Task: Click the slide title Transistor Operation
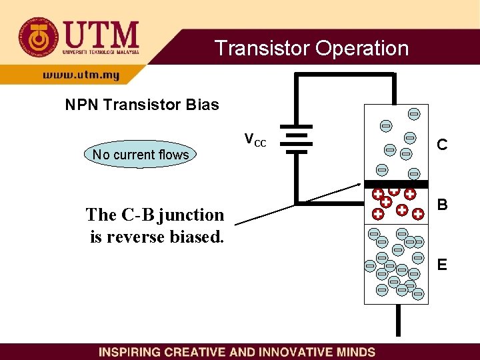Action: coord(311,48)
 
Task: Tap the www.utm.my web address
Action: coord(81,75)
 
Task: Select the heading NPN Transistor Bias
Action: coord(141,105)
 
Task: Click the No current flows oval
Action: coord(141,155)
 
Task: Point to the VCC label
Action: coord(255,140)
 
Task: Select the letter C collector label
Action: coord(441,144)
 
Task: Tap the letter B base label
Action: coord(441,204)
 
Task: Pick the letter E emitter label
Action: coord(441,265)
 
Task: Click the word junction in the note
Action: coord(191,215)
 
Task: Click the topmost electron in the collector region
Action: coord(414,114)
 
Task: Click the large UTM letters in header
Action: coord(100,33)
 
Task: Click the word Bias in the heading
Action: coord(204,105)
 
